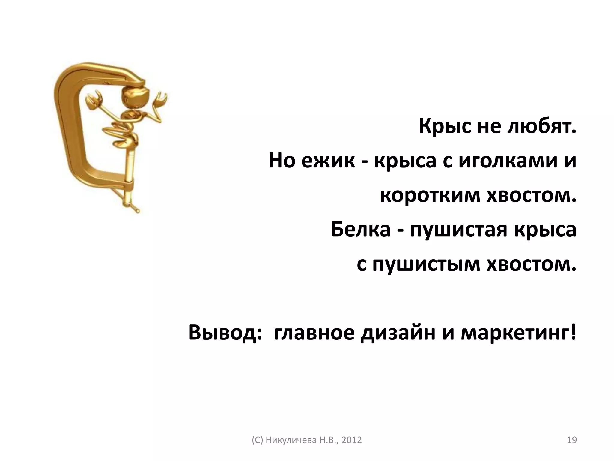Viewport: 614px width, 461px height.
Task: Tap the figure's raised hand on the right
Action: pyautogui.click(x=160, y=99)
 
